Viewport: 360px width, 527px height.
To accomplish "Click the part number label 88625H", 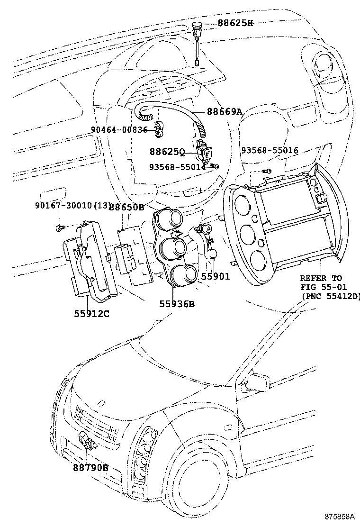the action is click(x=235, y=23).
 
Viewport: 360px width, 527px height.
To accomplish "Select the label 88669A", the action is click(x=225, y=111).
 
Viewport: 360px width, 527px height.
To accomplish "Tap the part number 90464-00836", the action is click(x=119, y=130).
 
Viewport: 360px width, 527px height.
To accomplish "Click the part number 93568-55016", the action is click(x=270, y=150).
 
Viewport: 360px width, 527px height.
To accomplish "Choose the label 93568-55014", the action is click(x=178, y=166).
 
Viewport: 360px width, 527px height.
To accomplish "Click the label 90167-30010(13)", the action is click(x=73, y=205).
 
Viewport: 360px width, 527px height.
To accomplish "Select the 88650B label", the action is click(x=127, y=208).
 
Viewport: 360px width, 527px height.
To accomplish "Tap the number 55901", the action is click(x=216, y=276).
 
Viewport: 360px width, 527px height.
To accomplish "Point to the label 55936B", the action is click(x=177, y=304).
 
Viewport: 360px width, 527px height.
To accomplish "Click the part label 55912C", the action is click(x=92, y=314).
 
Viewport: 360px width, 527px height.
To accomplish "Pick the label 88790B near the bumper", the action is click(x=90, y=467).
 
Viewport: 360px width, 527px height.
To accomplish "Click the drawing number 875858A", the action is click(x=340, y=516).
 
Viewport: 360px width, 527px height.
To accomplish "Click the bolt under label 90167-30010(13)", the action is click(x=59, y=228).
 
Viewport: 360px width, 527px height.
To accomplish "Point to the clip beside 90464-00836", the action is click(x=159, y=129).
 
